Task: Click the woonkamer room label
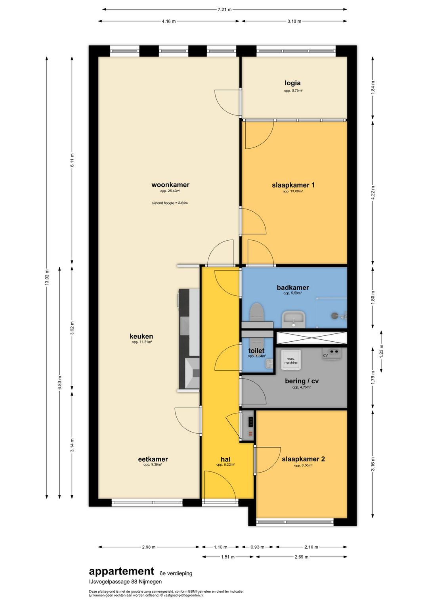click(170, 185)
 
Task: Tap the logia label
click(292, 83)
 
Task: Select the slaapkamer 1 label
click(293, 185)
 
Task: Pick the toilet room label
click(256, 351)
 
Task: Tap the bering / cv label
click(302, 381)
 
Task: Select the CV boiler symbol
click(332, 353)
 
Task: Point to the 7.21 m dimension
click(224, 10)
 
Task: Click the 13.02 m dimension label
click(47, 278)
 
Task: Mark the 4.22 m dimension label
click(373, 192)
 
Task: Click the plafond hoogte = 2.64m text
click(170, 203)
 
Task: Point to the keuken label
click(141, 336)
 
